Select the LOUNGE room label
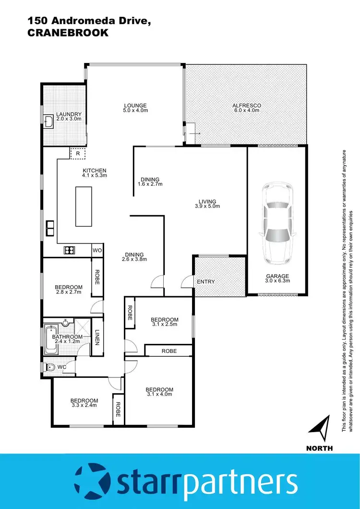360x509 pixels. click(x=135, y=106)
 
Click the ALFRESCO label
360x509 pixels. click(x=246, y=106)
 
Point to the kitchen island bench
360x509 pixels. click(x=84, y=206)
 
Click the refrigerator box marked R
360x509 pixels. click(x=78, y=153)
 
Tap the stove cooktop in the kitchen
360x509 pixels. click(x=69, y=250)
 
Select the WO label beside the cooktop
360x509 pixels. click(x=97, y=250)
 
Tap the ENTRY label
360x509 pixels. click(x=206, y=282)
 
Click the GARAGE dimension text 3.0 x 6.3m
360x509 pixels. click(x=277, y=281)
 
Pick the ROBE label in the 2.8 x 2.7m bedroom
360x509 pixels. click(x=97, y=278)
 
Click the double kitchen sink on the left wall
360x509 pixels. click(x=49, y=228)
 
